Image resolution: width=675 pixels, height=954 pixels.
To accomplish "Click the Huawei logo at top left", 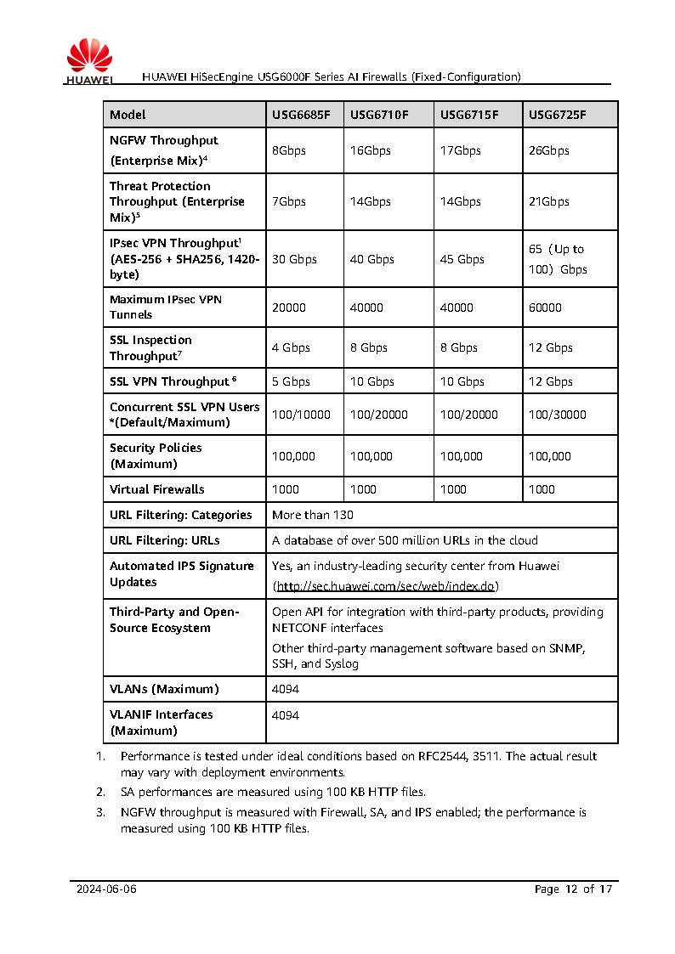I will point(89,62).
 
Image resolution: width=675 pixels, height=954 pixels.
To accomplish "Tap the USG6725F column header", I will point(557,115).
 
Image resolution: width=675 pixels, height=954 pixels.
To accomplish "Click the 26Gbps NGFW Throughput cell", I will point(548,150).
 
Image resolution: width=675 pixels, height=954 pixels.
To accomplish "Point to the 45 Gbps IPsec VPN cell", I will point(462,259).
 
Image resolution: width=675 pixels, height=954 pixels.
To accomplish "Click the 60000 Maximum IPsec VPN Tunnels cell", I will point(545,308).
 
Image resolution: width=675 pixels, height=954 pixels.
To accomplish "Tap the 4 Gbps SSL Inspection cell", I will point(291,347).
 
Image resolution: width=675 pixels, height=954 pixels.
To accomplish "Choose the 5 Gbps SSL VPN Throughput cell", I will point(291,381).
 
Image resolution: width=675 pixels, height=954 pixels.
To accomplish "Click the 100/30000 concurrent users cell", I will point(557,415).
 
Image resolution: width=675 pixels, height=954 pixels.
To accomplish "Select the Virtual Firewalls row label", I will point(157,489).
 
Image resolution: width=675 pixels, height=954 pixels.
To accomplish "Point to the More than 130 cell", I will point(312,515).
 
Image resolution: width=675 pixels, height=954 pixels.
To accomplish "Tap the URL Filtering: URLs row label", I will point(164,540).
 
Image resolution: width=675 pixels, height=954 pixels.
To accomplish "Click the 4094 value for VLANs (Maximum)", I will point(285,689).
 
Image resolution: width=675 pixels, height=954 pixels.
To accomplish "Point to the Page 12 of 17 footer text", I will point(573,889).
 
